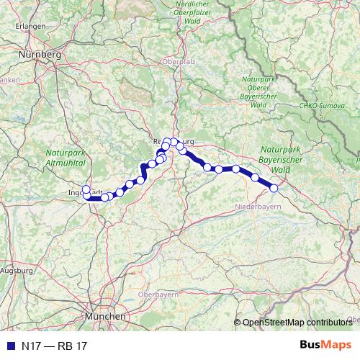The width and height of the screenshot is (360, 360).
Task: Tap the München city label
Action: [105, 316]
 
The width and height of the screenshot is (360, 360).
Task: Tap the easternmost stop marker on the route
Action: [274, 188]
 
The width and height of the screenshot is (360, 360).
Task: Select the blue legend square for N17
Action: [9, 346]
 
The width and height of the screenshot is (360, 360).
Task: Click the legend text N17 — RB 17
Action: [53, 346]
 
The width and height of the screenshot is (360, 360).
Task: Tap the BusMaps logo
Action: [325, 346]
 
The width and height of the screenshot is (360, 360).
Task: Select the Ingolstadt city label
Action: [79, 193]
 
